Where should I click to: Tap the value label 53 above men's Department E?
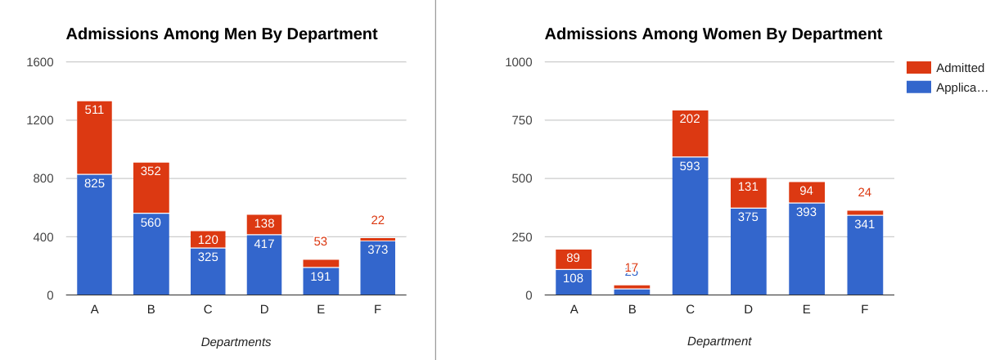click(x=320, y=241)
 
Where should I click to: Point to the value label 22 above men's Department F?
click(x=377, y=220)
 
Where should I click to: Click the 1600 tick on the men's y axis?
click(x=40, y=62)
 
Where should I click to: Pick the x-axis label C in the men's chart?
click(x=208, y=309)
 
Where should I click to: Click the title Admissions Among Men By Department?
click(x=222, y=34)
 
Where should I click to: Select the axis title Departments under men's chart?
click(x=236, y=342)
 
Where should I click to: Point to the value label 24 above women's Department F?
click(x=864, y=192)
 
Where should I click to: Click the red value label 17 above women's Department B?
click(x=632, y=266)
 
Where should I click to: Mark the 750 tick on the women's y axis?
click(x=519, y=120)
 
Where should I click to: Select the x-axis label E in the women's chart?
click(x=806, y=309)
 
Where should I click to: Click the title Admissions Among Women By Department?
click(x=713, y=34)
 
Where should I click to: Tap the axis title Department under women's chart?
click(x=718, y=341)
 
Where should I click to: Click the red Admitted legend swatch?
click(x=918, y=68)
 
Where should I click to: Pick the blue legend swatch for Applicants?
click(x=918, y=87)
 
